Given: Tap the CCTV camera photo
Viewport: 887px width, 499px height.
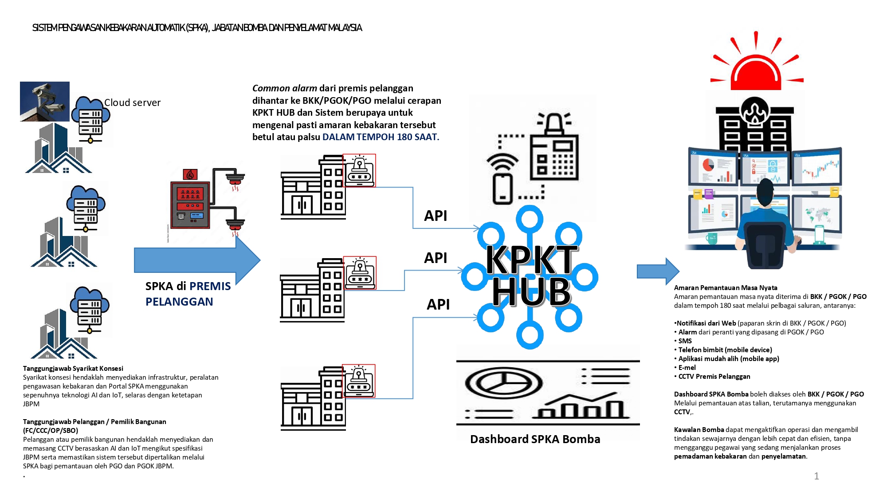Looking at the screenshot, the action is point(45,102).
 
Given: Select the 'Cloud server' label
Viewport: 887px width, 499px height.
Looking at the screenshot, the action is point(132,102).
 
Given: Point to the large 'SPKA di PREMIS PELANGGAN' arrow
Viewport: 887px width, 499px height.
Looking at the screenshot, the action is point(197,260).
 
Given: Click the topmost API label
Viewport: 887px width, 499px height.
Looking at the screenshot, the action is point(436,216).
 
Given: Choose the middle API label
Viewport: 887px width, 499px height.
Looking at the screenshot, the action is point(436,258).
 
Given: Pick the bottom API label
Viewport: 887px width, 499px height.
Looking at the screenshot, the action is point(438,304).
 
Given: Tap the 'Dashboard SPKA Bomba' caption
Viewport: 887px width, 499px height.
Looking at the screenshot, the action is point(535,439).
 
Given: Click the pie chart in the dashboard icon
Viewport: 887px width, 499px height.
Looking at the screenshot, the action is point(503,383).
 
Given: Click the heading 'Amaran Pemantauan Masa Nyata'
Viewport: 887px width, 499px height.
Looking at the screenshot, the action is point(726,288).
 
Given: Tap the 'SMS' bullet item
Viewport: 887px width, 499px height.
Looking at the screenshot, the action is point(685,341).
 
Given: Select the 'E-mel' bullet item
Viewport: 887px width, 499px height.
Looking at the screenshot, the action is point(687,368).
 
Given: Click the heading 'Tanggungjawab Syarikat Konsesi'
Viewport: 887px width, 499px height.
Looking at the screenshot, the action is point(73,369).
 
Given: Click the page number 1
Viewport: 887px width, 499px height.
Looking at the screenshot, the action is point(816,476).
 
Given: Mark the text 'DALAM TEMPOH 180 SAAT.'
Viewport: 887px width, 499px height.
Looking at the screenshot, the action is point(381,137).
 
